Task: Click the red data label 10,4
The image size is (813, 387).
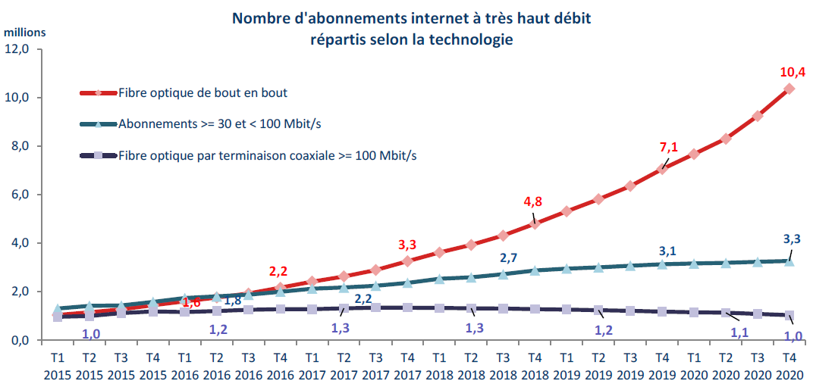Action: [x=792, y=73]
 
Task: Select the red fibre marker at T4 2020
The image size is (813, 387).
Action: [x=789, y=89]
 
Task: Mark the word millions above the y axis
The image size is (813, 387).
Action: [x=25, y=32]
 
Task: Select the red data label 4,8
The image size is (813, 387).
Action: [x=535, y=201]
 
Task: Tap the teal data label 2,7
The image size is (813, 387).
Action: [x=509, y=257]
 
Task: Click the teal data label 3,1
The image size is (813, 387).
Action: [x=667, y=251]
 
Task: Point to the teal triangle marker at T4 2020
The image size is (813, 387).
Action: [x=789, y=261]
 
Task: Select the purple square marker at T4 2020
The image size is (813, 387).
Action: [x=789, y=316]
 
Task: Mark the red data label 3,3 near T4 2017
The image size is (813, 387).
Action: [x=407, y=245]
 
